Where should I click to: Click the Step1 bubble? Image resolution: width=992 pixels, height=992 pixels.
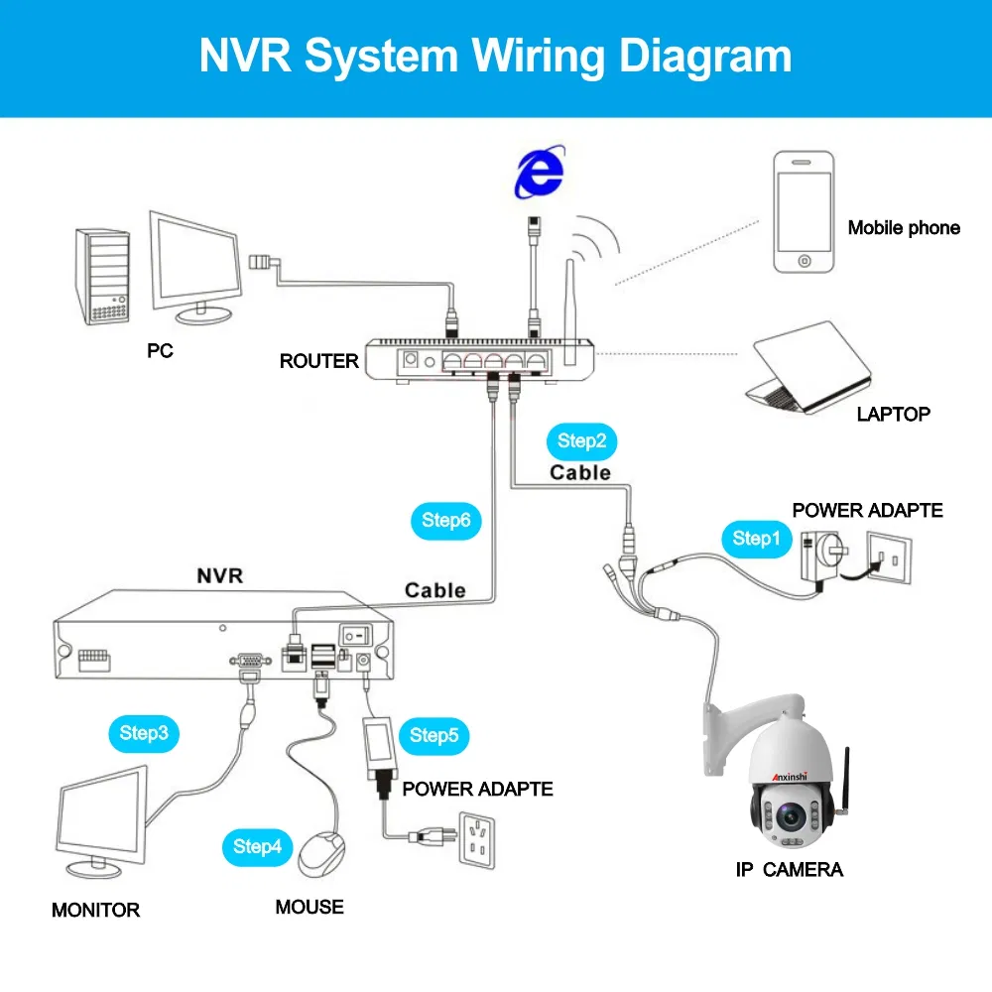click(x=751, y=539)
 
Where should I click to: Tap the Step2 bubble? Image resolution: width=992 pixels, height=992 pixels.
click(x=581, y=441)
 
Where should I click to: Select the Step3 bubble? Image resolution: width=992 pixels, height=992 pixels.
click(x=144, y=734)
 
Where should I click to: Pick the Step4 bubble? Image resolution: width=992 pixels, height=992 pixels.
click(x=258, y=847)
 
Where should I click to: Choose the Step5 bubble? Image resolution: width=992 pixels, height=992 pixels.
click(x=434, y=735)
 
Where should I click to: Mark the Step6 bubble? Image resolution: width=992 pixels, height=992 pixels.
click(x=445, y=520)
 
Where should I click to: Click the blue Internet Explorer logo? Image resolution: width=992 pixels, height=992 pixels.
click(x=538, y=174)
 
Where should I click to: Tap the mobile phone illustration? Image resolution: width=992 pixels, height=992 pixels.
click(x=805, y=212)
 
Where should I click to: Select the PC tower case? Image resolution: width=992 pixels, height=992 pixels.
click(x=104, y=277)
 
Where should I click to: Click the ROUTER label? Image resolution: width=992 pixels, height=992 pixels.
click(x=318, y=361)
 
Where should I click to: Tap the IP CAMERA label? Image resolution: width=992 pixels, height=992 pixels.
click(x=790, y=870)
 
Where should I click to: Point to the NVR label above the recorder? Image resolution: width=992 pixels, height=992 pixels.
click(x=219, y=575)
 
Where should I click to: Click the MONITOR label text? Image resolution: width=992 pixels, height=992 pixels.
click(x=96, y=910)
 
